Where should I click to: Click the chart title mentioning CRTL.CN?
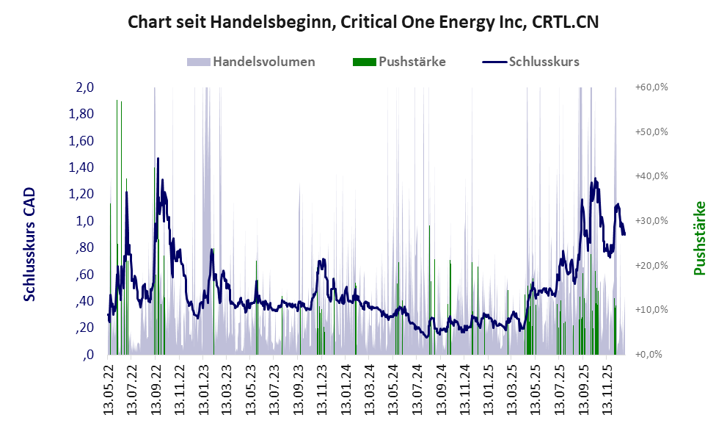(363, 22)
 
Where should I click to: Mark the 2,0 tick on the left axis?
(85, 87)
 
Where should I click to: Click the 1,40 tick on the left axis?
(81, 167)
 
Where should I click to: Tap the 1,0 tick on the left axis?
(85, 221)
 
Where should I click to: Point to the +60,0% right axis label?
(651, 87)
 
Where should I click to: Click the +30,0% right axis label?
(651, 221)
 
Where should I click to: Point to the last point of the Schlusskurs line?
(624, 234)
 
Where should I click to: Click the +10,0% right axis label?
(651, 310)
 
